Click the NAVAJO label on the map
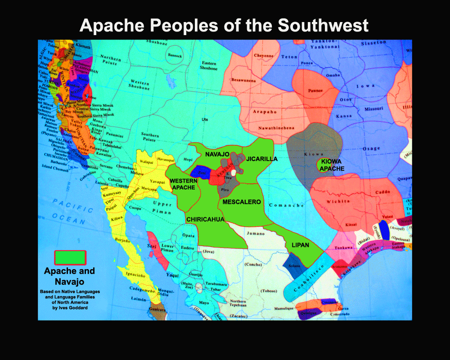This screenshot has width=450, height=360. (x=217, y=154)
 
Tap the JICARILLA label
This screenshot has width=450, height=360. (x=261, y=159)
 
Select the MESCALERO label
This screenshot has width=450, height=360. (x=242, y=202)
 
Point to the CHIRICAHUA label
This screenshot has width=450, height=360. (x=205, y=219)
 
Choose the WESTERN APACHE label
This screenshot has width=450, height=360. (x=183, y=184)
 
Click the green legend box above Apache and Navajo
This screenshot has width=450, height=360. (x=70, y=257)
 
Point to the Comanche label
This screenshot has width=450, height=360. (x=287, y=205)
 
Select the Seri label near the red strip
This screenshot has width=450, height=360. (x=151, y=246)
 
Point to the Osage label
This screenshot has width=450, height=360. (x=371, y=148)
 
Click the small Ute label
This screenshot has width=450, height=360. (x=205, y=119)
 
